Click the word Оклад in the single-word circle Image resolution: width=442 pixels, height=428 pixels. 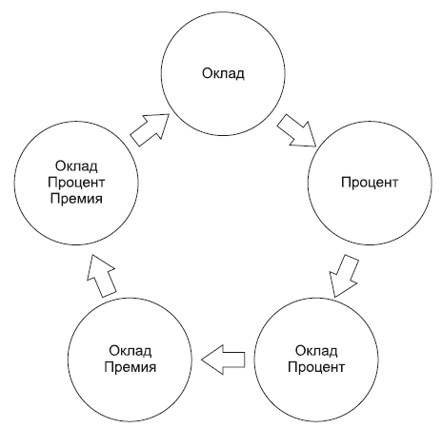click(x=223, y=73)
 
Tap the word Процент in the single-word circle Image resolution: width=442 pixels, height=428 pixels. click(x=370, y=183)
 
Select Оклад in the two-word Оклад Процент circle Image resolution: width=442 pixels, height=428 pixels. click(x=316, y=351)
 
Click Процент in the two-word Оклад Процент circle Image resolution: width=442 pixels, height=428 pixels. click(x=316, y=367)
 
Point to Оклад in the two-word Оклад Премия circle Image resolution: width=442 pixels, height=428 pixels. click(x=131, y=351)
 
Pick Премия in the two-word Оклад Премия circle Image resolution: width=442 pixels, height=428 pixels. click(x=131, y=367)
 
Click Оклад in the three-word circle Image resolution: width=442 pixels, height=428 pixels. click(x=76, y=165)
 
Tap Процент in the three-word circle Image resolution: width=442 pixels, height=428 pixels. click(x=76, y=183)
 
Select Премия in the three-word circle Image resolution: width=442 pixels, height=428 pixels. click(x=76, y=199)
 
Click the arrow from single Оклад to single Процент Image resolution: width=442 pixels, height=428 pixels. click(x=296, y=130)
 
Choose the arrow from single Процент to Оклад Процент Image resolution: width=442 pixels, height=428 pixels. click(x=343, y=275)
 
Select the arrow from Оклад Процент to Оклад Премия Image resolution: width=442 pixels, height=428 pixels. click(x=223, y=360)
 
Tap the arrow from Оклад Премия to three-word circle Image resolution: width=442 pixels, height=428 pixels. click(x=102, y=275)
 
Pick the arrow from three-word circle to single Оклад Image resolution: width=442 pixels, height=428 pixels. click(x=150, y=130)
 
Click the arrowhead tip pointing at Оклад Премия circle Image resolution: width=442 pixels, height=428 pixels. click(x=201, y=360)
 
